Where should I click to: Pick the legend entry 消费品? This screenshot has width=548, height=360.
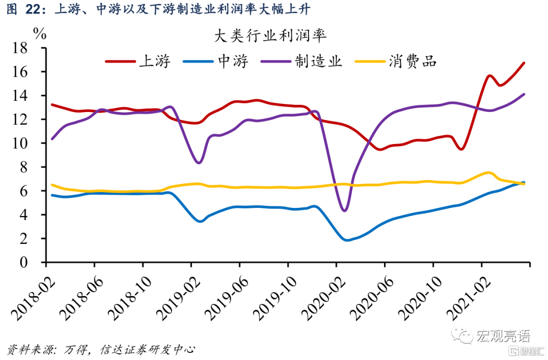point(413,62)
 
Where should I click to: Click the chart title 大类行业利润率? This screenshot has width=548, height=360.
point(270,37)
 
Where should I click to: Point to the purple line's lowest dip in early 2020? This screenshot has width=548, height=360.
point(345,210)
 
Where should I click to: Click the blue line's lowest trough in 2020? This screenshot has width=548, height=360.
point(347,240)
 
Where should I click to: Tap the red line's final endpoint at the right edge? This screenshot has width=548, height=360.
point(524,63)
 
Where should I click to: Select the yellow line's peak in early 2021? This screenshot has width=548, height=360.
point(488,172)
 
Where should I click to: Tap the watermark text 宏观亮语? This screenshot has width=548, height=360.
point(503,336)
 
